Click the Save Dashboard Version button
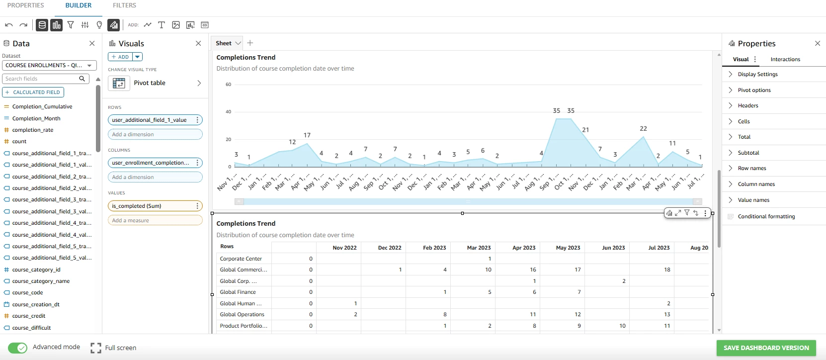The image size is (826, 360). [x=766, y=348]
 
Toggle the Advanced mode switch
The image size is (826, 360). [x=18, y=348]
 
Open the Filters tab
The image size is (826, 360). [x=124, y=5]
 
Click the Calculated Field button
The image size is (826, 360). [x=33, y=92]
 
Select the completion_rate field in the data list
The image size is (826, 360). [x=32, y=130]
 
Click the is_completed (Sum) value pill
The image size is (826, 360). [x=155, y=206]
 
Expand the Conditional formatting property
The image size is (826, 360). [x=766, y=216]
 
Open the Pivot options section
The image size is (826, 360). [x=754, y=90]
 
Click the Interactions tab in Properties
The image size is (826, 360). [x=785, y=59]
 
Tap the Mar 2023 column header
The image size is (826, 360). [x=479, y=248]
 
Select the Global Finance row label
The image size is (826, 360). [x=238, y=292]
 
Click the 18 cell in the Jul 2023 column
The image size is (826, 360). [x=666, y=270]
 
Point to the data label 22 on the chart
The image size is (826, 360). [x=643, y=129]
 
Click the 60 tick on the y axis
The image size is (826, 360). [x=228, y=85]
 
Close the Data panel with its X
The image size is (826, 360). [x=92, y=44]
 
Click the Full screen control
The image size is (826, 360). [x=113, y=348]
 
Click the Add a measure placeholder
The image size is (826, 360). [x=155, y=220]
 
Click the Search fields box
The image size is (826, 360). [x=45, y=79]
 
